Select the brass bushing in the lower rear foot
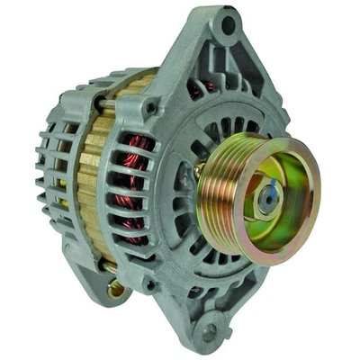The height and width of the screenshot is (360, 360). coord(115,289)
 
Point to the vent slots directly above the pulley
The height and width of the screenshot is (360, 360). coord(225,117)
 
